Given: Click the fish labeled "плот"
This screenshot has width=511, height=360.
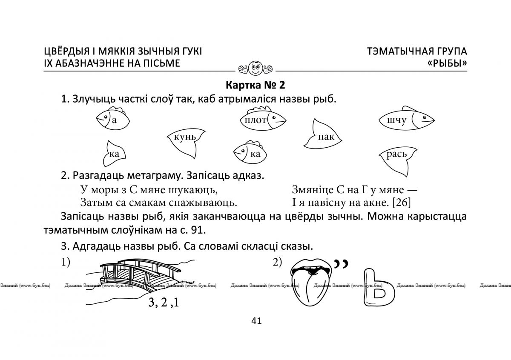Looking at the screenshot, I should (262, 120).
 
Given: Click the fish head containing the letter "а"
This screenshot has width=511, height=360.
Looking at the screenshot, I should (110, 119).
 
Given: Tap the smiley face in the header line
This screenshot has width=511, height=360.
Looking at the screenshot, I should (255, 66).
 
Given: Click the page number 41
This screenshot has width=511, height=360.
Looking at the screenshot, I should (256, 321).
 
